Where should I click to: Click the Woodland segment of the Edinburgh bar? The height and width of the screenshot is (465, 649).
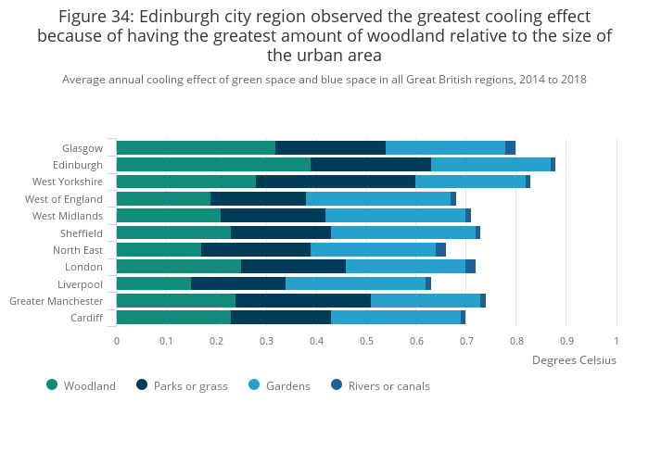pos(213,165)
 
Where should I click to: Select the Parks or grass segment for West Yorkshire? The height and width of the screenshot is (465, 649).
pos(336,182)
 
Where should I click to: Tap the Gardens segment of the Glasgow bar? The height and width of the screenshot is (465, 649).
pos(445,147)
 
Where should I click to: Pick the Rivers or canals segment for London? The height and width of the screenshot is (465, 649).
pos(470,267)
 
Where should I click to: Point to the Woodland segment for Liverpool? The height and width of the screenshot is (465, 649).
pos(154,283)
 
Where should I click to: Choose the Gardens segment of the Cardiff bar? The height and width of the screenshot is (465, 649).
pos(396,318)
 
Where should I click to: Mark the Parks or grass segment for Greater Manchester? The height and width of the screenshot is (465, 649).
pos(303,301)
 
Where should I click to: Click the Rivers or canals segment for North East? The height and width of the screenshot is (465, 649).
pos(440,249)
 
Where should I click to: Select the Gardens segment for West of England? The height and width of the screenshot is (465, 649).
pos(378,198)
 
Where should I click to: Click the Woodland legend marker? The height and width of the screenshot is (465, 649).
pos(52,385)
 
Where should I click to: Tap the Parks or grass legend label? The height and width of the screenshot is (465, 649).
pos(190,386)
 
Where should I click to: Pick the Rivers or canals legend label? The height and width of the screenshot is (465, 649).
pos(388,386)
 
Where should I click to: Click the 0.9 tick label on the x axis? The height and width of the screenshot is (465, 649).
pos(566,341)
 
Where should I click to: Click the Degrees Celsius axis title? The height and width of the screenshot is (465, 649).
pos(574,360)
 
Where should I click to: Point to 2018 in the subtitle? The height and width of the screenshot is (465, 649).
pos(571,80)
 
